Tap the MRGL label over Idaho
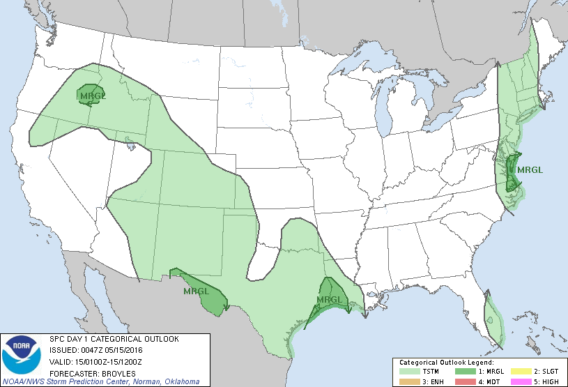(92, 96)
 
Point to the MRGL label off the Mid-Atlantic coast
(530, 169)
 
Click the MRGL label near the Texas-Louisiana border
(330, 300)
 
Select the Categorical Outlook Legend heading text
(446, 363)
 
